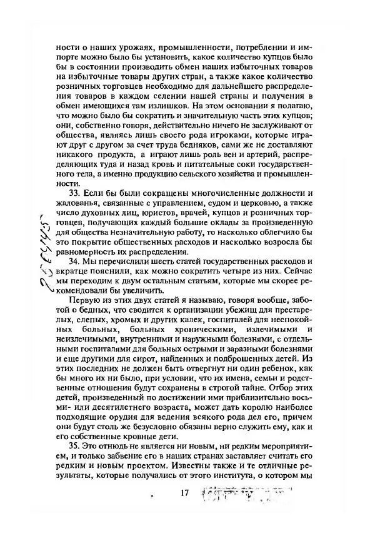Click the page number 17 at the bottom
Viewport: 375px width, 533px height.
click(184, 493)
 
